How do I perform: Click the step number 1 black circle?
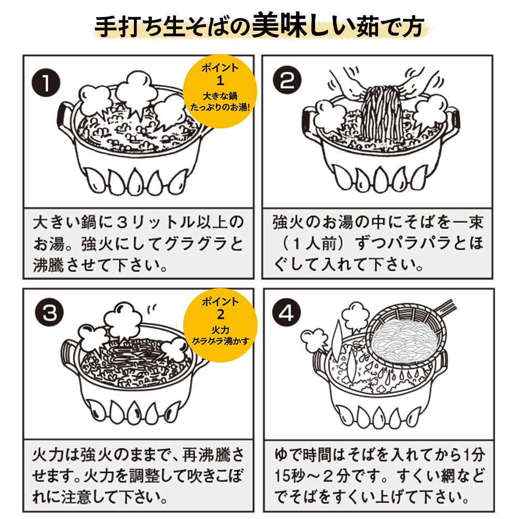tap(46, 84)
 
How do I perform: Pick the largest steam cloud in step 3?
tap(123, 322)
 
